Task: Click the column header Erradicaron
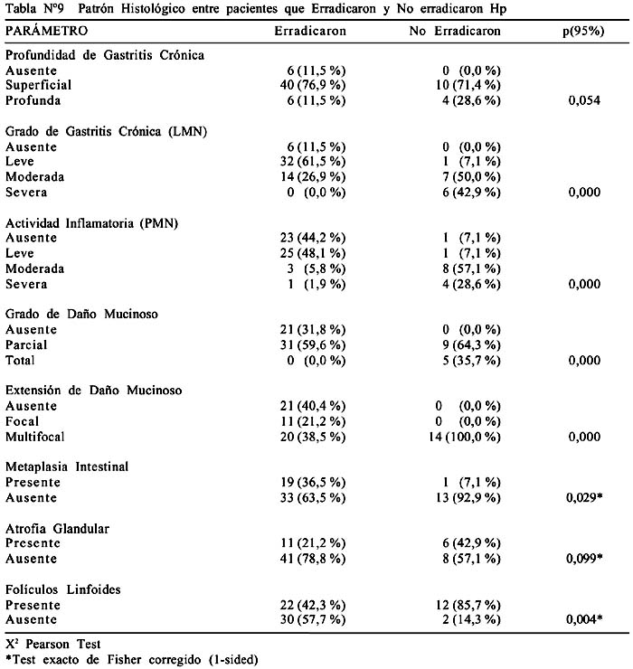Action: [310, 31]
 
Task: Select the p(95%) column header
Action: [583, 31]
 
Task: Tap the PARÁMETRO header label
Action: [46, 31]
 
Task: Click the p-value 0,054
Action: [584, 100]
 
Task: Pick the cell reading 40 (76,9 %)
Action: [313, 85]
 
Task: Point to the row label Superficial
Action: [38, 85]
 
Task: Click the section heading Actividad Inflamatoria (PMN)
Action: [91, 223]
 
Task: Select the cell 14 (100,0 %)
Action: [465, 437]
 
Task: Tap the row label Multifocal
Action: [35, 437]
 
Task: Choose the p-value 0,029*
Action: [584, 497]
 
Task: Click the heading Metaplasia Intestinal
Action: [67, 466]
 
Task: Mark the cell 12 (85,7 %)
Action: [468, 605]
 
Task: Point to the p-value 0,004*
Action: [584, 619]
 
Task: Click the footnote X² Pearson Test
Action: [53, 644]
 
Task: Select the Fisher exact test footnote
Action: [132, 660]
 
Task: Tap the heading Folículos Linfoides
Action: [63, 589]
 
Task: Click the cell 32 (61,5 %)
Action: [313, 161]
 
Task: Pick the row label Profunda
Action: [33, 100]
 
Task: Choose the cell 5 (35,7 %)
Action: [471, 361]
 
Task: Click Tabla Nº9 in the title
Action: [34, 8]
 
